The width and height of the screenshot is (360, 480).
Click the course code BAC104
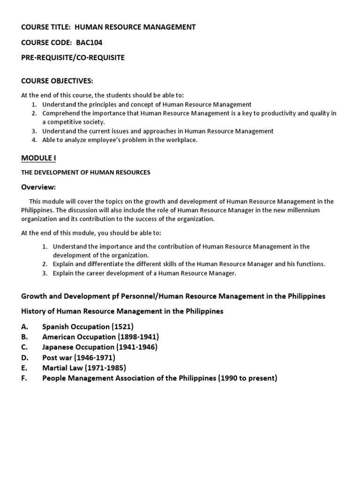point(89,42)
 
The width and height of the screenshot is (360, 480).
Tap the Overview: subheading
point(38,187)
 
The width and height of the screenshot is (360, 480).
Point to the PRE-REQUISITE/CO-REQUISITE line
point(73,57)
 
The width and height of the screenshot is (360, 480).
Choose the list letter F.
point(23,378)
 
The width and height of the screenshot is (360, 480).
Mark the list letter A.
point(24,326)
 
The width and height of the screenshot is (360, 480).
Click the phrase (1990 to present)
point(247,378)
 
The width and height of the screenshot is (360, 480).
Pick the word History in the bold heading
point(34,311)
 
